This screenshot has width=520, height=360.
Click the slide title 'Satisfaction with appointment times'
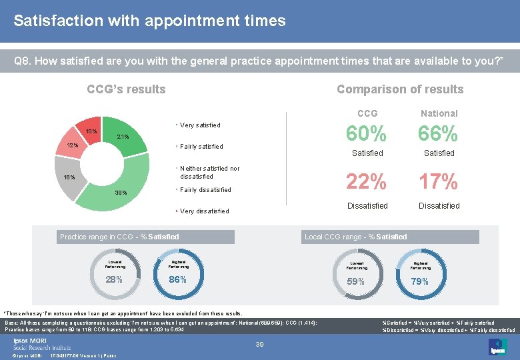point(149,21)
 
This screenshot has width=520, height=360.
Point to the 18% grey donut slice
point(69,177)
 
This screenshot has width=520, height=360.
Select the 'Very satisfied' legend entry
point(200,125)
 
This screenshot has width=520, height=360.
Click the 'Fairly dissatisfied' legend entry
point(205,190)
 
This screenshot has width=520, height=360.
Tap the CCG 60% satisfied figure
point(367,135)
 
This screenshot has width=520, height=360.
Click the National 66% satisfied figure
point(439,135)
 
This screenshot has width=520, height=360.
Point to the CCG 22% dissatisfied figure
point(367,181)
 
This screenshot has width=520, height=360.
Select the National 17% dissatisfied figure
point(439,181)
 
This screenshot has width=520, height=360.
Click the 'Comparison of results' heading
point(399,89)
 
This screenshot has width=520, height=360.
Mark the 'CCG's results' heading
point(127,89)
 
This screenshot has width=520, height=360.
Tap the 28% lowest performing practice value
point(114,279)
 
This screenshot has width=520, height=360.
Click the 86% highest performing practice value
point(177,279)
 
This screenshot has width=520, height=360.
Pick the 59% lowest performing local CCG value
point(356,281)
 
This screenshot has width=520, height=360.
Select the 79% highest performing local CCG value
point(419,281)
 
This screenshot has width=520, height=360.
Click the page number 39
point(260,344)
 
